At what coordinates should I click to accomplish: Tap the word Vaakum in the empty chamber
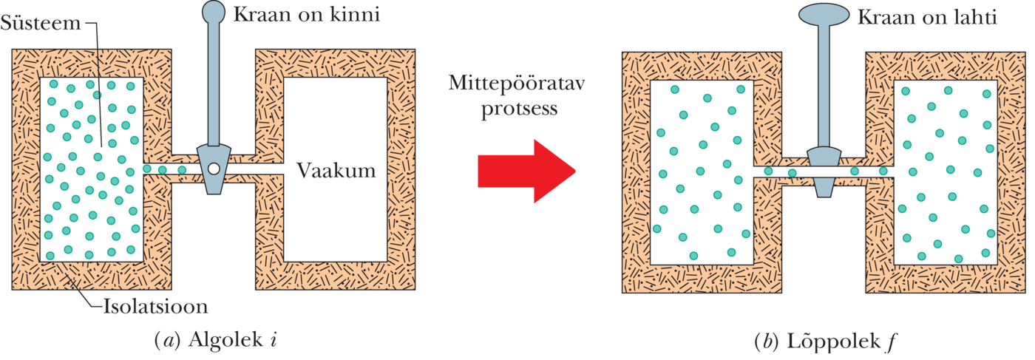click(336, 171)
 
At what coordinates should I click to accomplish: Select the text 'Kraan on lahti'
click(927, 16)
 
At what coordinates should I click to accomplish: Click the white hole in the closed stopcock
click(213, 169)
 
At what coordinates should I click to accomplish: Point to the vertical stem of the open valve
click(823, 89)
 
